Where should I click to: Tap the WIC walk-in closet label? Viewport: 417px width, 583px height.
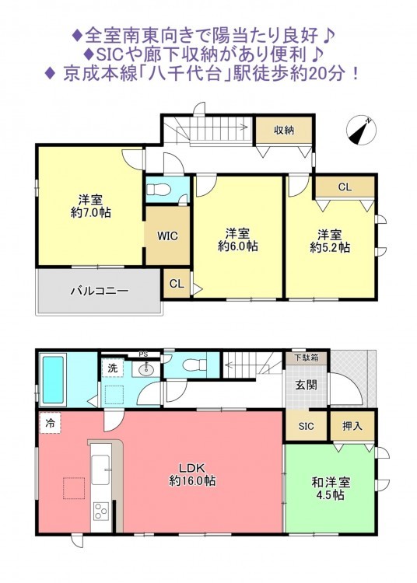click(167, 236)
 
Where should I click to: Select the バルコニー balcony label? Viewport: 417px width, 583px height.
click(100, 291)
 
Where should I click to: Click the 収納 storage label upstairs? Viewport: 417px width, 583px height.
click(284, 130)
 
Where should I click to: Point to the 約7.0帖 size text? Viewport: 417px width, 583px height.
click(91, 212)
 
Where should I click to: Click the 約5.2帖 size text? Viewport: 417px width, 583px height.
click(330, 247)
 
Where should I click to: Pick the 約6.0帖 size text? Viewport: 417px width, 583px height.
click(238, 246)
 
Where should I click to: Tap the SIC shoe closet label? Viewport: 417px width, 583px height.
click(307, 426)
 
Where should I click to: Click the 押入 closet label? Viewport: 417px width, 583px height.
click(352, 426)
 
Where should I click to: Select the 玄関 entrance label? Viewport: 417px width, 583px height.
click(307, 386)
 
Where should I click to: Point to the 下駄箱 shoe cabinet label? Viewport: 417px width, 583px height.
click(307, 358)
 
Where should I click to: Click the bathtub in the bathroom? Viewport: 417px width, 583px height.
click(53, 379)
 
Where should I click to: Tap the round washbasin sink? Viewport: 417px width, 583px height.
click(145, 369)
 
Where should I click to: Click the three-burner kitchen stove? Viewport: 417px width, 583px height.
click(100, 511)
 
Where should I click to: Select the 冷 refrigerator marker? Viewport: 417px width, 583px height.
click(50, 424)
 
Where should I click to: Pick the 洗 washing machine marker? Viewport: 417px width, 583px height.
click(112, 368)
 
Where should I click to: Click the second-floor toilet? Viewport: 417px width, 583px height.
click(159, 190)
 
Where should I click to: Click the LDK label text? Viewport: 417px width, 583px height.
click(193, 468)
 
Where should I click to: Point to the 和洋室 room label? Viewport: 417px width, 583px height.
click(331, 483)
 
